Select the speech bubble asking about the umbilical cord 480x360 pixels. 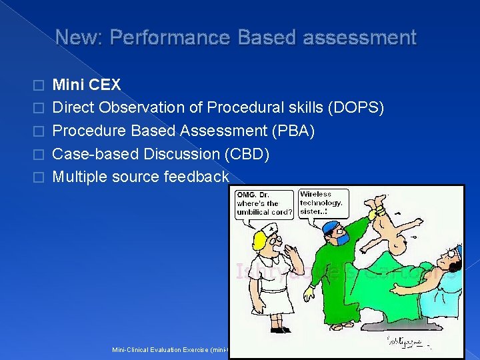point(265,203)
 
